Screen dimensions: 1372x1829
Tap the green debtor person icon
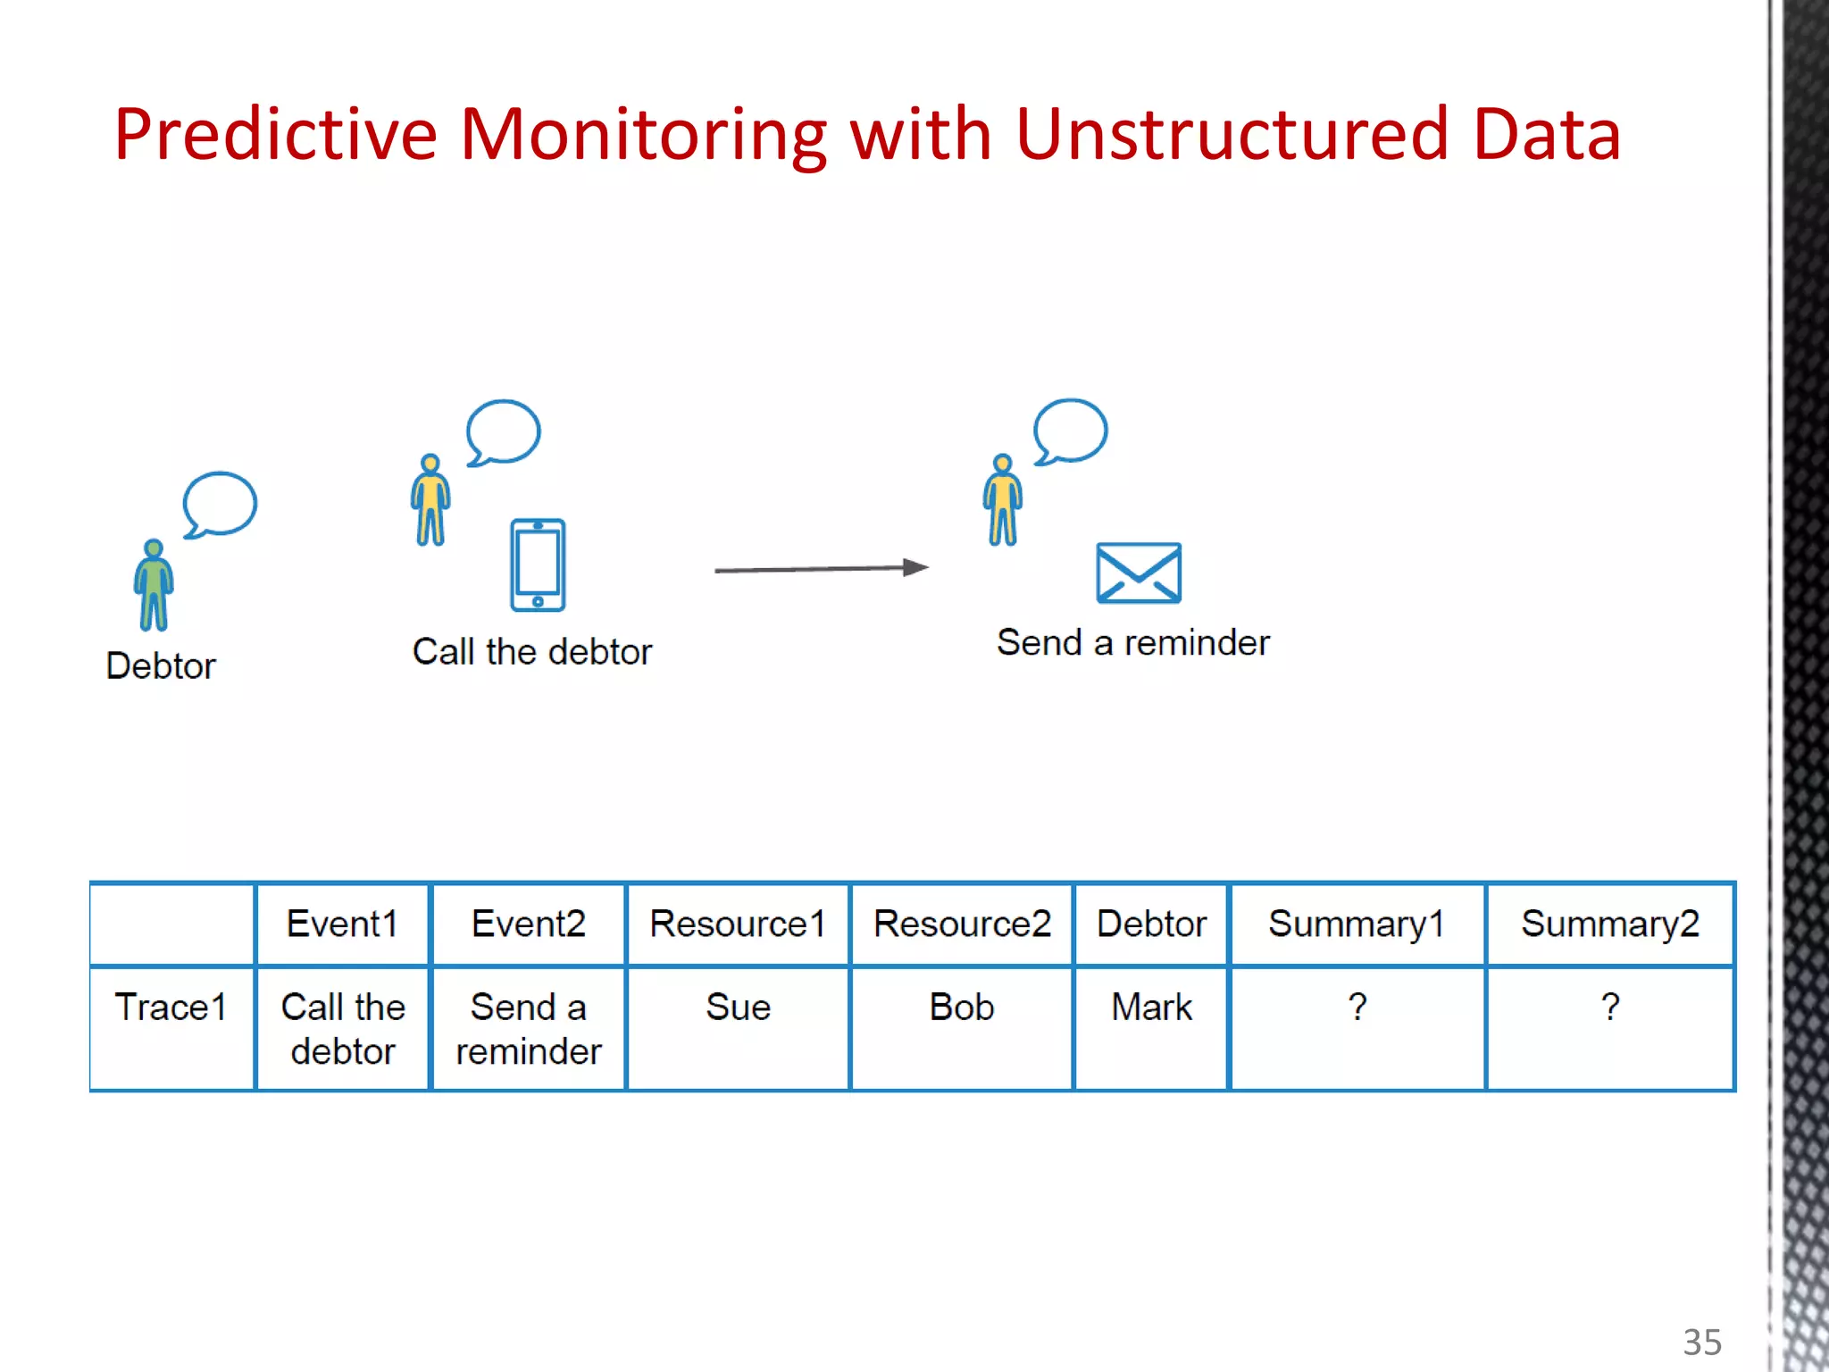(x=154, y=585)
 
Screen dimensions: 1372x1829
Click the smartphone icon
(x=538, y=565)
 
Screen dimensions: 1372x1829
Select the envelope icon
(x=1139, y=573)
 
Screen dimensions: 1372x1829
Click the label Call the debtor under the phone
(x=531, y=652)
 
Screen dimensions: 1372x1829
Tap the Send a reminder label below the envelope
(x=1132, y=643)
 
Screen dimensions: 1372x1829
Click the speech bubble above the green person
(x=220, y=504)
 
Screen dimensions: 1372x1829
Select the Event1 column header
(x=342, y=924)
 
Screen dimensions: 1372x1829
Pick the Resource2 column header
(x=962, y=924)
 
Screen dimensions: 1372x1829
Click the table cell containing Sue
(x=738, y=1008)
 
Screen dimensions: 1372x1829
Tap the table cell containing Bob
(x=962, y=1008)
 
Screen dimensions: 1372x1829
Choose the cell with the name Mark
(x=1151, y=1008)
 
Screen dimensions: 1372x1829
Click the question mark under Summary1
(x=1357, y=1008)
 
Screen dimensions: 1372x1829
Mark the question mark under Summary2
(x=1610, y=1008)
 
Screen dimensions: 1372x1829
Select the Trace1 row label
(x=171, y=1008)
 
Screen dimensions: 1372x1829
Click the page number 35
(x=1701, y=1342)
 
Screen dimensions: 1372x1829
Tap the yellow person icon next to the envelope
(x=1003, y=499)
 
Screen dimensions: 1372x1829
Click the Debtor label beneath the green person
(x=161, y=666)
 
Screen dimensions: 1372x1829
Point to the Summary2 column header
(x=1610, y=924)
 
